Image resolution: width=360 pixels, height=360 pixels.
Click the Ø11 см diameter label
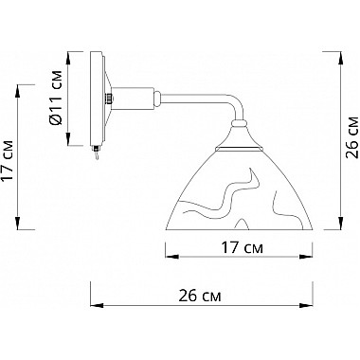56,99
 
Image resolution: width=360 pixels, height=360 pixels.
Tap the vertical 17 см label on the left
8,160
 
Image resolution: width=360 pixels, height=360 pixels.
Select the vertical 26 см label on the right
352,137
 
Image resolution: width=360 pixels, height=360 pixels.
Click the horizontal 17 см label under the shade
242,248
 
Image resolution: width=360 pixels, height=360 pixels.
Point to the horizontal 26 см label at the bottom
200,297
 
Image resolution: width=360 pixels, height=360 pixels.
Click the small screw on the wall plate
109,99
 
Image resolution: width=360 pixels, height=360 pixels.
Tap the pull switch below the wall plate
96,152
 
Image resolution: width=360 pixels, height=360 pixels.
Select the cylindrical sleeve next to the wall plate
134,99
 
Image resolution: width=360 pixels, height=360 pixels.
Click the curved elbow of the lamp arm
235,104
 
